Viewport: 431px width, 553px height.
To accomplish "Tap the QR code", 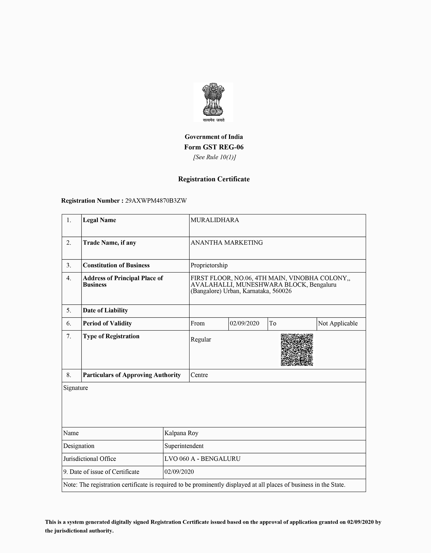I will click(x=297, y=350).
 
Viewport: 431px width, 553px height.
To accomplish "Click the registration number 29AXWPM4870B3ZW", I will click(x=156, y=201).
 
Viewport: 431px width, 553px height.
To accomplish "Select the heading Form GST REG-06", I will click(x=214, y=147).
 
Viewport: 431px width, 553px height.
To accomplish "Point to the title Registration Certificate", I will click(x=214, y=179).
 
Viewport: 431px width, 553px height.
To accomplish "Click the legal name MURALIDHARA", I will click(x=215, y=220).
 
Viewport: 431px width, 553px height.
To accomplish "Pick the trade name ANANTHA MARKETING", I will click(x=227, y=243).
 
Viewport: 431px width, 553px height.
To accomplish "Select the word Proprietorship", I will click(x=209, y=265).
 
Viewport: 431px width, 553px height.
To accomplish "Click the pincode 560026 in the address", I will click(x=282, y=291).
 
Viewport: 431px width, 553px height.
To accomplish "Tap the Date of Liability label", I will click(x=105, y=310).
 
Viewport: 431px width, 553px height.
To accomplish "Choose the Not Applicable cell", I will click(x=338, y=323).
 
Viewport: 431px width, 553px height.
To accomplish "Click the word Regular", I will click(x=201, y=340).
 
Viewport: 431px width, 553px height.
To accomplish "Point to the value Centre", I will click(x=199, y=375).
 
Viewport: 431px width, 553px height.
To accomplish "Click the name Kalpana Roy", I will click(x=181, y=433).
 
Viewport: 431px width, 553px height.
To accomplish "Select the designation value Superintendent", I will click(x=184, y=446).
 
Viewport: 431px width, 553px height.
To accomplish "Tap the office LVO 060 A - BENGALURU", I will click(x=202, y=459).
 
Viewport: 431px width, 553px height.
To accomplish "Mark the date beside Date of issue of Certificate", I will click(x=179, y=472).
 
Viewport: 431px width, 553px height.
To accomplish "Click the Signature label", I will click(x=75, y=388).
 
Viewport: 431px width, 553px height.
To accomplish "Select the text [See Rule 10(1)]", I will click(x=214, y=157).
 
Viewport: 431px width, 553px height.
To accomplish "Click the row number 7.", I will click(x=69, y=336).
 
